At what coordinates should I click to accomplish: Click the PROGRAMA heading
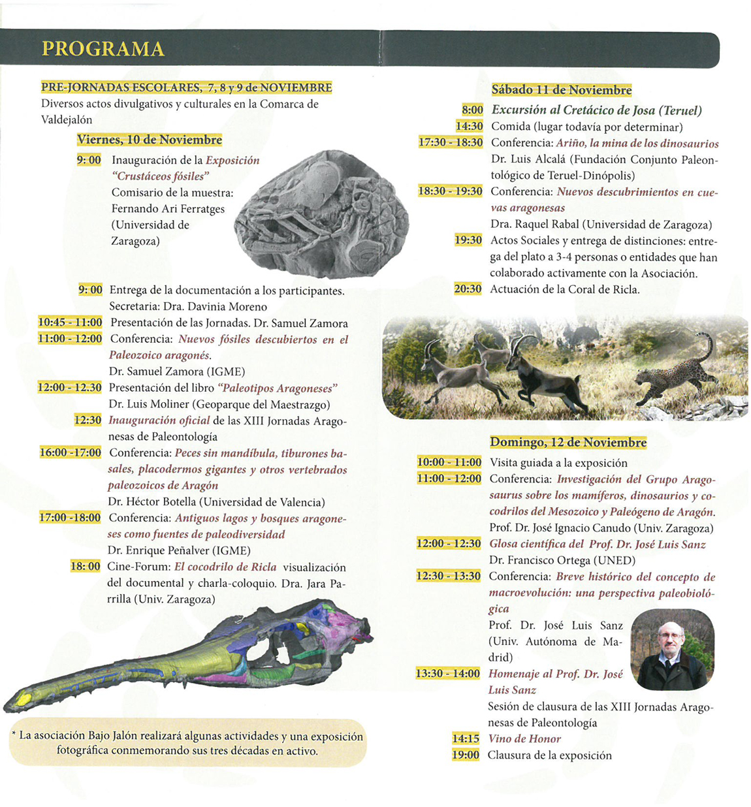coord(103,49)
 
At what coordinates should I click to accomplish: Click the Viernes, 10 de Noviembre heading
coord(149,140)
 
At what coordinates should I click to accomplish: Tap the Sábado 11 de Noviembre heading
coord(561,90)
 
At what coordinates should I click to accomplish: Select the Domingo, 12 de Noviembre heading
coord(567,442)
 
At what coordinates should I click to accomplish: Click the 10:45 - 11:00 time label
coord(70,323)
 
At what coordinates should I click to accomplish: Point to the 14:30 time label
coord(469,127)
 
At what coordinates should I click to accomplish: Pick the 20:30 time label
coord(468,289)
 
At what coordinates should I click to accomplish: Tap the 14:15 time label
coord(466,738)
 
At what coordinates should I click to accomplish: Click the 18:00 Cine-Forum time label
coord(86,567)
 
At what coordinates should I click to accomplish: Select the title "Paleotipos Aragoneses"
coord(278,388)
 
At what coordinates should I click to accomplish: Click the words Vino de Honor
coord(524,738)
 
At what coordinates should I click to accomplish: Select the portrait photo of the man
coord(672,649)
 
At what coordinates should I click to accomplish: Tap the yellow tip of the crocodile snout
coord(24,698)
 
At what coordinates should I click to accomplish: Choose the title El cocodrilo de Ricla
coord(225,567)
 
